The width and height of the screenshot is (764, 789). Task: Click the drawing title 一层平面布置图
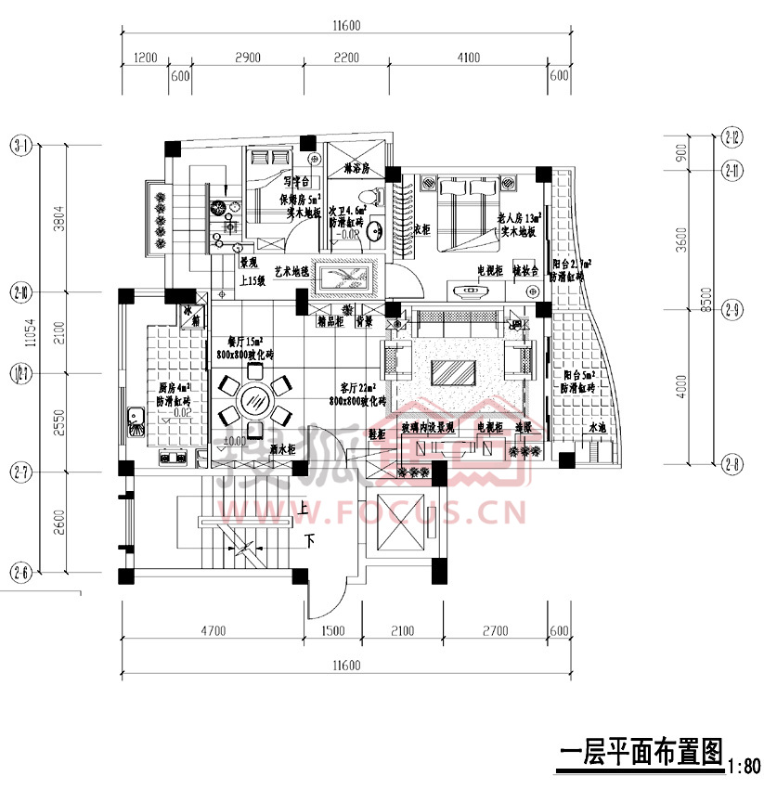(640, 753)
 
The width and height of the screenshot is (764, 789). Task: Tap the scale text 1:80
(745, 768)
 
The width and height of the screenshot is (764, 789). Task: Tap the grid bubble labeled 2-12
(732, 138)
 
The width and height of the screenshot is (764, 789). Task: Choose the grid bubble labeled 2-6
(19, 573)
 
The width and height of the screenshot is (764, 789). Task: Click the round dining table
(253, 401)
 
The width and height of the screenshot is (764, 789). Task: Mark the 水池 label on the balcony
(597, 428)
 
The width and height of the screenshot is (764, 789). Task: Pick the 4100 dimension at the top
(469, 58)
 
